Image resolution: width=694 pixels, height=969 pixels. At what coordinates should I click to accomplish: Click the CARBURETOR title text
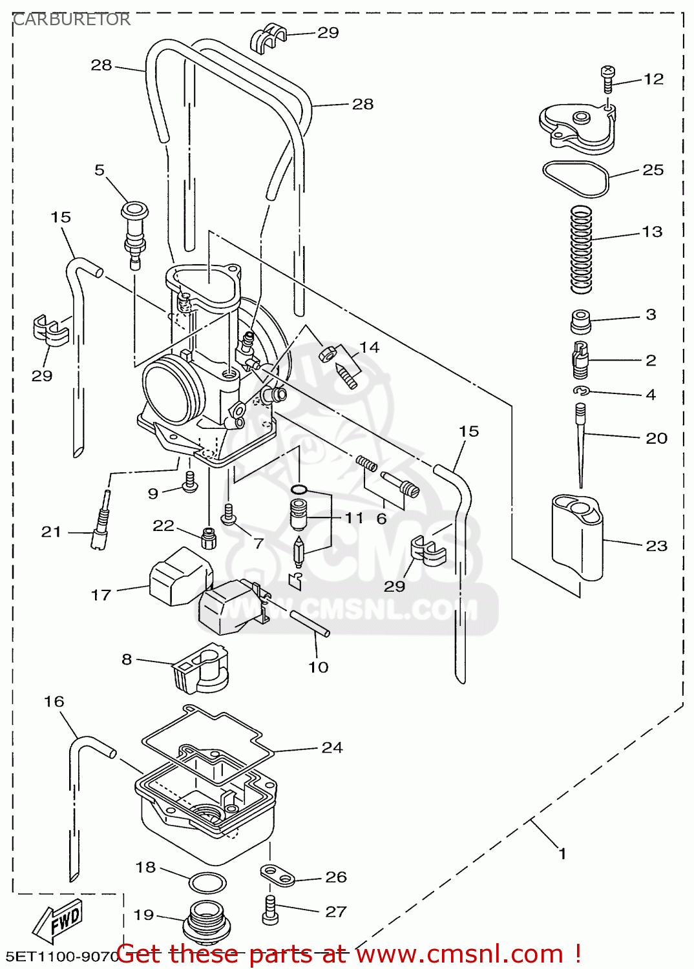click(72, 19)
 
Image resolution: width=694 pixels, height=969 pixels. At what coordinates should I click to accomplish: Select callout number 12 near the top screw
click(653, 79)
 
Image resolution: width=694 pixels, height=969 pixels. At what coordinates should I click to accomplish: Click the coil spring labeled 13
click(581, 249)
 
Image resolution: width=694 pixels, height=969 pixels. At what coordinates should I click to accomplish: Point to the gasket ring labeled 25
click(575, 178)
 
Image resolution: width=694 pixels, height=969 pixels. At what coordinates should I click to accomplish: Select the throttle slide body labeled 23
click(577, 536)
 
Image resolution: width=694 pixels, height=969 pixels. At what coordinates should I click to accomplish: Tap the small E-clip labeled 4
click(581, 390)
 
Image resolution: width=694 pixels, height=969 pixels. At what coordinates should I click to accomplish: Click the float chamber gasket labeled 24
click(207, 736)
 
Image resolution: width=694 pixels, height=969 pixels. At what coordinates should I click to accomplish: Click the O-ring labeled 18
click(207, 882)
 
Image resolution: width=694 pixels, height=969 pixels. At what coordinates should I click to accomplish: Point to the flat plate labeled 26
click(278, 875)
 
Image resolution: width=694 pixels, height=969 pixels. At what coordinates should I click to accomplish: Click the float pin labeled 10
click(310, 623)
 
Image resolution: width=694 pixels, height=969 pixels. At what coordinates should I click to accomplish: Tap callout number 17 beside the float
click(101, 594)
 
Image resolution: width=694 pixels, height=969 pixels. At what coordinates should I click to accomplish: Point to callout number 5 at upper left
click(99, 170)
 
